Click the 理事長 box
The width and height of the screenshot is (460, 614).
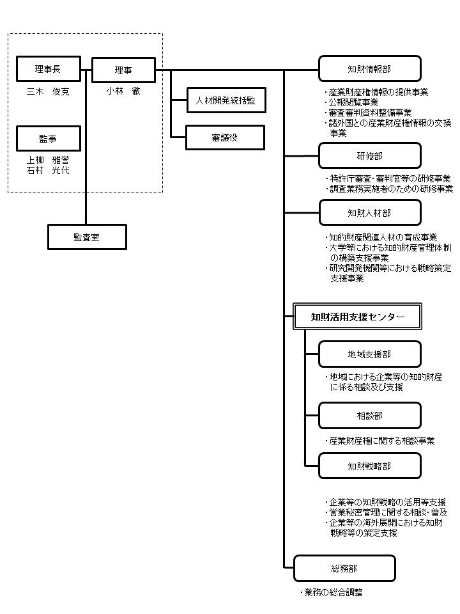pyautogui.click(x=49, y=69)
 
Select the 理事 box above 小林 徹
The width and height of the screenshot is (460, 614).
pyautogui.click(x=123, y=70)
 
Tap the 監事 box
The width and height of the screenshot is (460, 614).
pyautogui.click(x=49, y=139)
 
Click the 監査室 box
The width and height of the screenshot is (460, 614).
pyautogui.click(x=88, y=237)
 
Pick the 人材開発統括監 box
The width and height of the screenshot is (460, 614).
pyautogui.click(x=226, y=100)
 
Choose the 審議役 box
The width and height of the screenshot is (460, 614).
pyautogui.click(x=226, y=138)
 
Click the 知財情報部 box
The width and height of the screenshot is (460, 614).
pyautogui.click(x=370, y=69)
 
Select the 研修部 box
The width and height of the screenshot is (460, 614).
pyautogui.click(x=370, y=156)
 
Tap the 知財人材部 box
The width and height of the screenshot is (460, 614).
pyautogui.click(x=370, y=212)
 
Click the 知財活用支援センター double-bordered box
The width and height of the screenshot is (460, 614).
pyautogui.click(x=358, y=317)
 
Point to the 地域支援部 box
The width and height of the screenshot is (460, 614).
pyautogui.click(x=370, y=354)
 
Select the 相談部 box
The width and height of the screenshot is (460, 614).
pyautogui.click(x=370, y=416)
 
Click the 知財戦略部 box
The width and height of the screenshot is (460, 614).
pyautogui.click(x=370, y=466)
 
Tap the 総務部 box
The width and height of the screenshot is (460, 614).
pyautogui.click(x=344, y=568)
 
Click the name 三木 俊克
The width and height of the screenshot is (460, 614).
pyautogui.click(x=48, y=91)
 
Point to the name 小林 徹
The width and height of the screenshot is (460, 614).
pyautogui.click(x=123, y=91)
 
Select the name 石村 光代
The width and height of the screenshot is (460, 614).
pyautogui.click(x=48, y=170)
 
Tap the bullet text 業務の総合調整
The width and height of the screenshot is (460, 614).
pyautogui.click(x=332, y=592)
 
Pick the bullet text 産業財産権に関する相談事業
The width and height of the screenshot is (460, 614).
pyautogui.click(x=380, y=441)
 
